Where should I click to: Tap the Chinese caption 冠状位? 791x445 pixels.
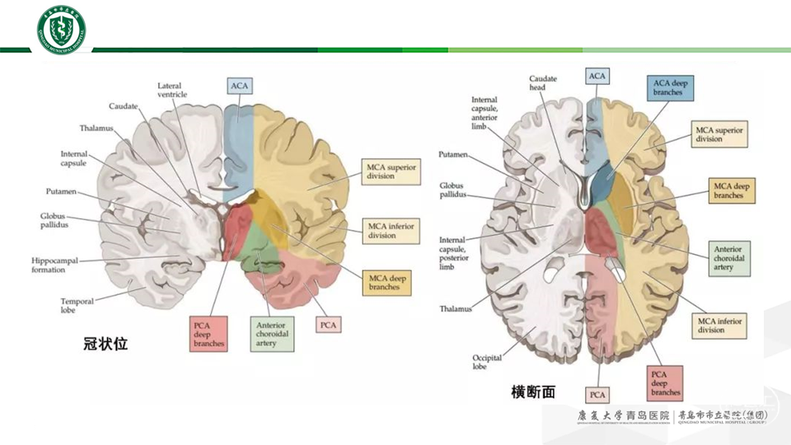pos(106,344)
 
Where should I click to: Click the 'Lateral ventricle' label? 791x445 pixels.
pos(174,90)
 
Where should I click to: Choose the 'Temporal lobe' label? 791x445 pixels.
pos(77,307)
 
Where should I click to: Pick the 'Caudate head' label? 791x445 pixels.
pos(543,83)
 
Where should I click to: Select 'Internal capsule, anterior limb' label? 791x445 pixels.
pos(485,113)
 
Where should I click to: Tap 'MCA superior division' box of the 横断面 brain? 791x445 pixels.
pos(719,134)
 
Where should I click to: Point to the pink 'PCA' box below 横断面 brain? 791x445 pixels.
pos(598,396)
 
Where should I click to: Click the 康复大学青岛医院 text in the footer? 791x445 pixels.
pos(624,417)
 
